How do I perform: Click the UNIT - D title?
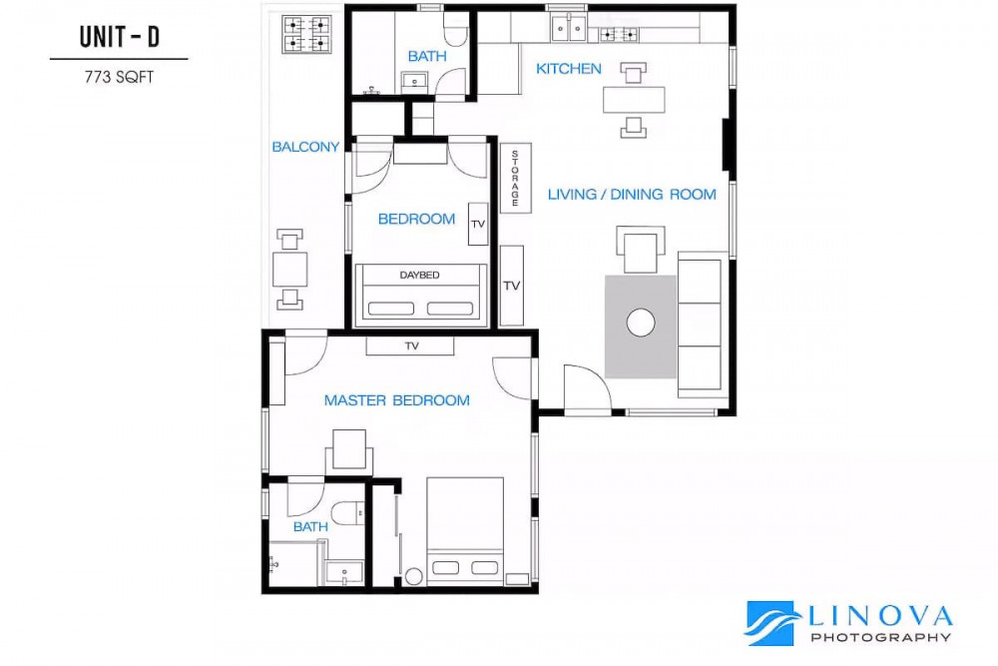pyautogui.click(x=119, y=37)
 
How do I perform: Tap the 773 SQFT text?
pyautogui.click(x=119, y=77)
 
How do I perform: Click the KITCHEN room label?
pyautogui.click(x=569, y=69)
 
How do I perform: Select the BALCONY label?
pyautogui.click(x=305, y=147)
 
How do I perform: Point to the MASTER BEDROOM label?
pyautogui.click(x=397, y=400)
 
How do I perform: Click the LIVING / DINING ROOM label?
pyautogui.click(x=632, y=194)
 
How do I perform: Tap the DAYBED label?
pyautogui.click(x=419, y=275)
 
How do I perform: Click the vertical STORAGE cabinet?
pyautogui.click(x=515, y=179)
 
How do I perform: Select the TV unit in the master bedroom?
pyautogui.click(x=410, y=345)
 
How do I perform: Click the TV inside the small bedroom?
pyautogui.click(x=478, y=224)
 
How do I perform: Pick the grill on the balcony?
pyautogui.click(x=306, y=34)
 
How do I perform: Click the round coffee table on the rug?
pyautogui.click(x=641, y=323)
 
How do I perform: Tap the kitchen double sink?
pyautogui.click(x=569, y=28)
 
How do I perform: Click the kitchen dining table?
pyautogui.click(x=634, y=100)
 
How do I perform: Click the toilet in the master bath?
pyautogui.click(x=347, y=512)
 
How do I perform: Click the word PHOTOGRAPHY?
pyautogui.click(x=881, y=637)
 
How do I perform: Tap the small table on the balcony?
pyautogui.click(x=290, y=270)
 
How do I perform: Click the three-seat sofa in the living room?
pyautogui.click(x=702, y=325)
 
